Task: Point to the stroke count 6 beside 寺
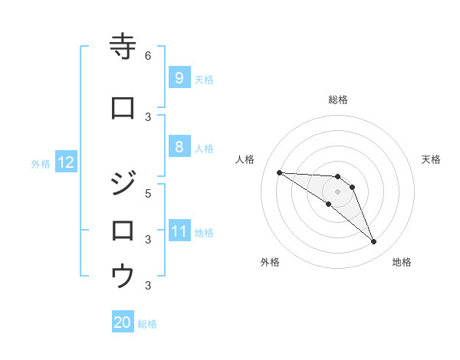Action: (x=148, y=55)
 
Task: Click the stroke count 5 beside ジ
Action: (x=148, y=193)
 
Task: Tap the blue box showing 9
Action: (x=179, y=78)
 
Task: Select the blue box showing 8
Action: (x=179, y=147)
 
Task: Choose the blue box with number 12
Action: (x=65, y=162)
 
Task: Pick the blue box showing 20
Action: (x=123, y=322)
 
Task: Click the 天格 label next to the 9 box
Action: (x=204, y=79)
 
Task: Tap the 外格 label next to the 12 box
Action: (x=41, y=163)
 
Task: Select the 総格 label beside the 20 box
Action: (x=148, y=323)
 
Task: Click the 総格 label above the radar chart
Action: (x=337, y=100)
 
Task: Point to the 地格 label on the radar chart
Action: (x=402, y=262)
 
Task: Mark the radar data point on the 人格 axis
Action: (x=279, y=172)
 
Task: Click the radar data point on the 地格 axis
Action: (x=373, y=242)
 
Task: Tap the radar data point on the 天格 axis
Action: (x=352, y=187)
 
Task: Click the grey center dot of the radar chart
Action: (x=337, y=191)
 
